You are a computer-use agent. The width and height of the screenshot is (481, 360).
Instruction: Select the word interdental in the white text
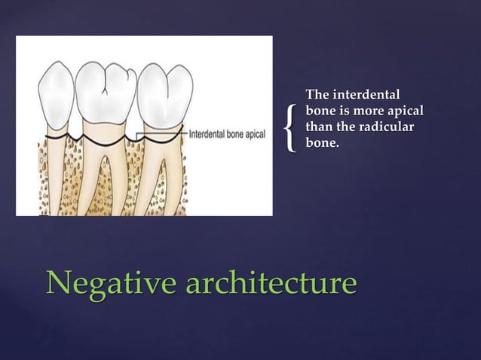[x=364, y=95]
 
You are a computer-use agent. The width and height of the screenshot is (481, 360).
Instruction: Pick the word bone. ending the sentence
[x=322, y=141]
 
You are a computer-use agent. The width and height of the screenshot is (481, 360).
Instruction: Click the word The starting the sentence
[x=317, y=95]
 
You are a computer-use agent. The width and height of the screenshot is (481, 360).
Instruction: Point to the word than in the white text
[x=319, y=125]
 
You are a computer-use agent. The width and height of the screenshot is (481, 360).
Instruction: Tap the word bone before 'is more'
[x=320, y=110]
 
